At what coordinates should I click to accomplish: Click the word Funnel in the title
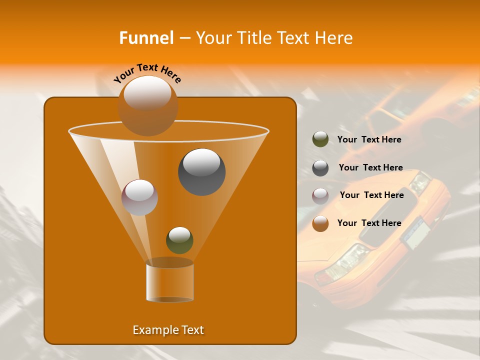(x=146, y=38)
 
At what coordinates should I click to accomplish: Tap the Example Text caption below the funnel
(x=168, y=330)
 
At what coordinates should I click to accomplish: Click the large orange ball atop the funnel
(x=147, y=105)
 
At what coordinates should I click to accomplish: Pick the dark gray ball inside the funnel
(x=201, y=171)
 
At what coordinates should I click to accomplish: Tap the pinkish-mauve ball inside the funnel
(x=139, y=197)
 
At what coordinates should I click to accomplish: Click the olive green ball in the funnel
(x=179, y=240)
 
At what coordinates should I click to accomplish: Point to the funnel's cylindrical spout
(x=169, y=281)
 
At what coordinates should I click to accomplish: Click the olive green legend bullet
(x=320, y=139)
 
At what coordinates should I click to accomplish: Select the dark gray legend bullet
(x=320, y=168)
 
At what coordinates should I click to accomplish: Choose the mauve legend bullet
(x=320, y=196)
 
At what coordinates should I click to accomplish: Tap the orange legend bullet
(x=320, y=223)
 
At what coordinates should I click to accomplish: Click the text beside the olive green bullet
(x=369, y=140)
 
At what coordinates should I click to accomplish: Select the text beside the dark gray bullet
(x=370, y=168)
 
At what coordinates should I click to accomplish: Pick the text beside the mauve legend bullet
(x=371, y=195)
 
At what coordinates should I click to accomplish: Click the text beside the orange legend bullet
(x=369, y=223)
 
